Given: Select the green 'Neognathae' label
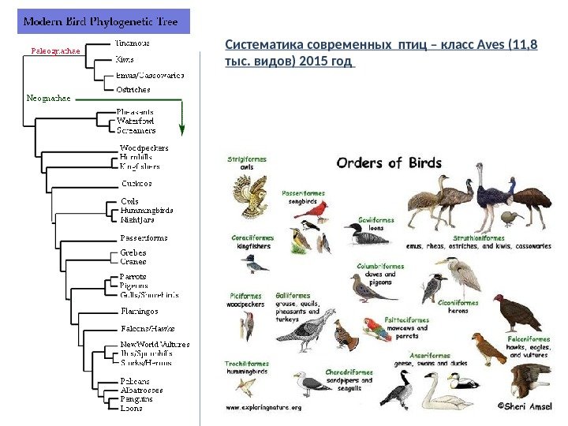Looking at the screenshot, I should (x=48, y=99).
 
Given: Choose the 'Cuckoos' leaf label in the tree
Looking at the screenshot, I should (x=136, y=182).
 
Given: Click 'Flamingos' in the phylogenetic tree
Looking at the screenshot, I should (x=138, y=312).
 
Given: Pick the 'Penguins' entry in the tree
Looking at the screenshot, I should (x=136, y=399).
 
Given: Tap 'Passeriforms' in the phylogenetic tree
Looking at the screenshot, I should (x=143, y=237).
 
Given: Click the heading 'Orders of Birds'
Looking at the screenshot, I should (x=390, y=163).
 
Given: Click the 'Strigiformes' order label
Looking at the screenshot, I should (x=247, y=159).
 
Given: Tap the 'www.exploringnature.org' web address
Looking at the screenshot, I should (x=264, y=408).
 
